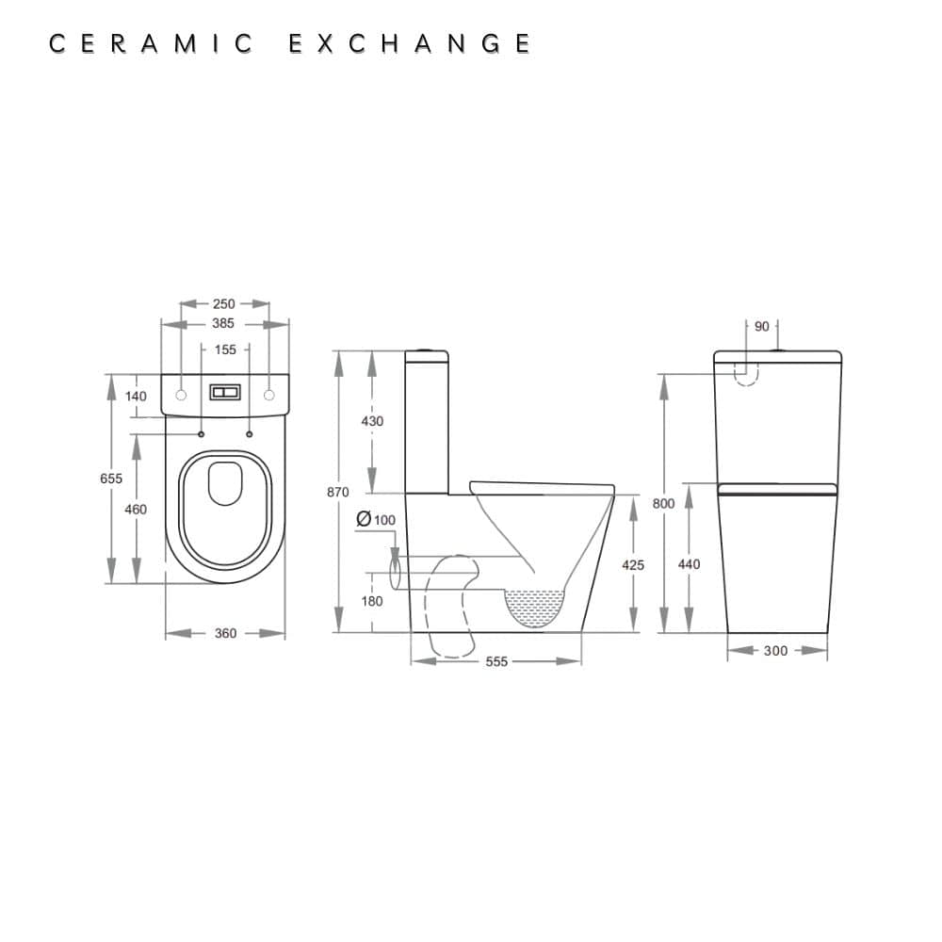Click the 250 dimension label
click(223, 304)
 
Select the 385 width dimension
click(223, 323)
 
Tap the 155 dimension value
click(225, 349)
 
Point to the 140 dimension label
click(137, 397)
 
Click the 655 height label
click(111, 479)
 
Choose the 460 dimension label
click(137, 510)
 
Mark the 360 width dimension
click(225, 634)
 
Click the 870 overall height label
click(337, 492)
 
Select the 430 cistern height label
click(372, 421)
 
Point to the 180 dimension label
click(372, 601)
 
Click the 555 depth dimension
click(496, 662)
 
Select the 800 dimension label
click(663, 504)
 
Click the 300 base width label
click(776, 651)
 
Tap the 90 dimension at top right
click(761, 326)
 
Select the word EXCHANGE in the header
click(409, 44)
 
